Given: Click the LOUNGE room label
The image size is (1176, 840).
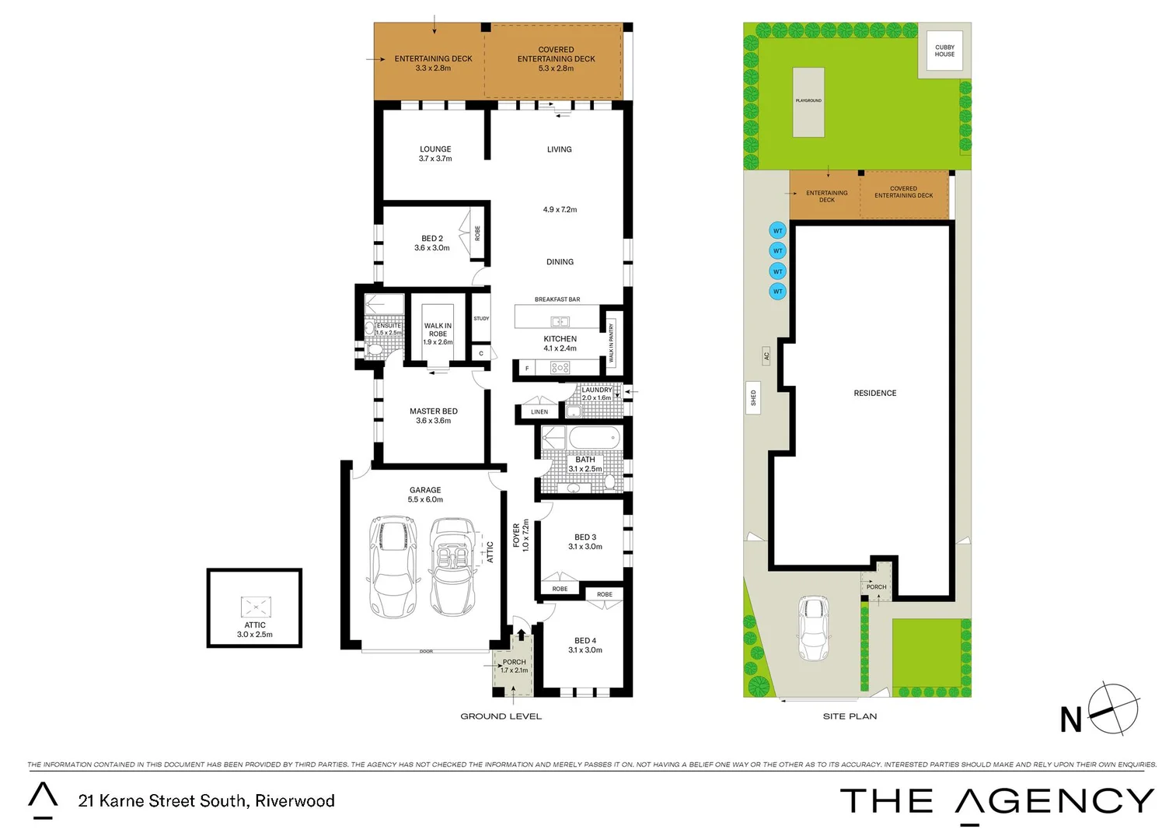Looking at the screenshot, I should click(435, 149).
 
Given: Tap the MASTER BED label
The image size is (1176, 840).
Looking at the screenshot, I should click(434, 411).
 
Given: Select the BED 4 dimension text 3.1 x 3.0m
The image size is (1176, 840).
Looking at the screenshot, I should click(585, 650).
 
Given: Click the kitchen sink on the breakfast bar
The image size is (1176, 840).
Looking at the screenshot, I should click(560, 321).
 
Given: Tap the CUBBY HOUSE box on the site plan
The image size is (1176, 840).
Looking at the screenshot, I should click(944, 51).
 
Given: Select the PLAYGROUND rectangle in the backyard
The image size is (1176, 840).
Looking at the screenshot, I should click(808, 102).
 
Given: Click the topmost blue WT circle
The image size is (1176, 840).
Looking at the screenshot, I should click(777, 231).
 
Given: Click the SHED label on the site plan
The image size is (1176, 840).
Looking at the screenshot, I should click(752, 398).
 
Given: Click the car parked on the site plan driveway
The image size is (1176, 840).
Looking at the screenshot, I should click(813, 628).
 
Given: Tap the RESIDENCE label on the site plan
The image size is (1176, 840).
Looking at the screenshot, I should click(874, 394).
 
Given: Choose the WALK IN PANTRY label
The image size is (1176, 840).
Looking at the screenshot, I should click(611, 344).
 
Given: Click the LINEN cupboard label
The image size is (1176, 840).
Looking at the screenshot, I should click(539, 412).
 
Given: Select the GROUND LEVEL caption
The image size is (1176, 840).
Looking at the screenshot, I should click(501, 716).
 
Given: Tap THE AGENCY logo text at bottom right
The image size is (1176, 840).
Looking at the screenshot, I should click(996, 802).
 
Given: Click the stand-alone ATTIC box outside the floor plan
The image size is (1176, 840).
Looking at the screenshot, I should click(254, 608).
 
